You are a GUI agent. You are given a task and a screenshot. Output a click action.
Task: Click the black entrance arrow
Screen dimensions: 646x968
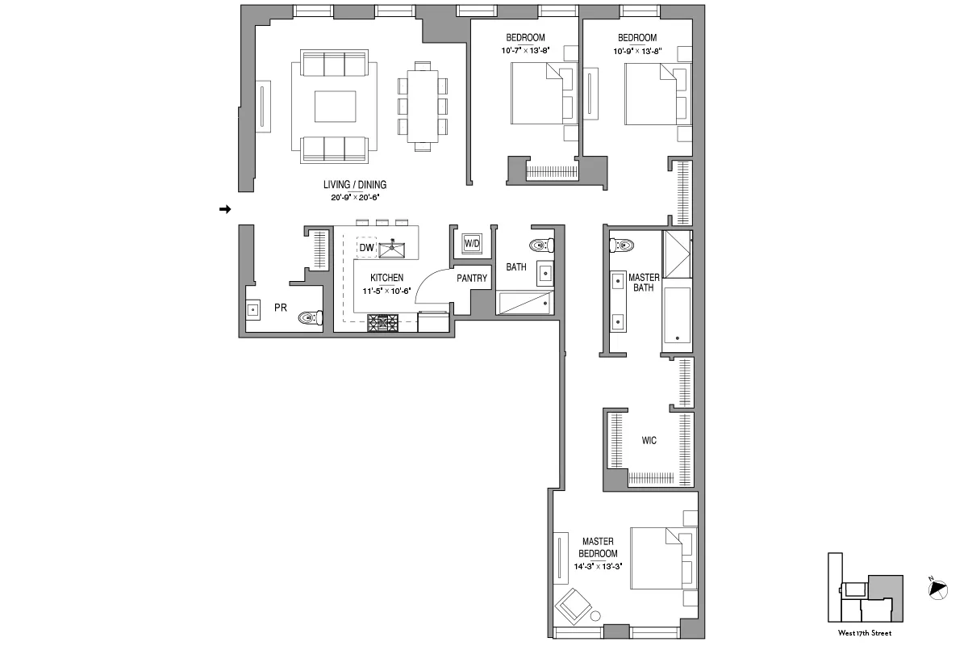coord(226,209)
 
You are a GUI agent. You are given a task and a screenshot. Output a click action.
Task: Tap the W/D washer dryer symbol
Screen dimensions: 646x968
coord(471,242)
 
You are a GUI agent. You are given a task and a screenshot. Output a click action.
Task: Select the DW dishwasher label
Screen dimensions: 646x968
coord(366,248)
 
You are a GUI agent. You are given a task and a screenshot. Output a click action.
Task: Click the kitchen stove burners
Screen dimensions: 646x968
coord(383,323)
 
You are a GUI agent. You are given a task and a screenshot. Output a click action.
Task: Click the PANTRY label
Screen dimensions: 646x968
coord(472,278)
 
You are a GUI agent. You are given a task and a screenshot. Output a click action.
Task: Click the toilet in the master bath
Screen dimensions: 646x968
coord(623,243)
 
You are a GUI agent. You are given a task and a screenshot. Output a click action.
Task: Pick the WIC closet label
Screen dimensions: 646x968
coord(649,441)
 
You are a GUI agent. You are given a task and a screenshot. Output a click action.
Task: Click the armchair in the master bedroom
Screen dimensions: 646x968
coord(574,604)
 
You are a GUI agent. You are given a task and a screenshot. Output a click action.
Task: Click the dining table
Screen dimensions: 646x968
coord(422,106)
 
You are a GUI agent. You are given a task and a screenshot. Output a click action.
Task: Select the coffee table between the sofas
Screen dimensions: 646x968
coord(334,107)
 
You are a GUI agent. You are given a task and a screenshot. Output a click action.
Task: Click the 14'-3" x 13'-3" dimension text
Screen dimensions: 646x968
coord(598,566)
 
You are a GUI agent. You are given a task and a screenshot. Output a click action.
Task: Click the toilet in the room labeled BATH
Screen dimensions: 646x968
coord(540,245)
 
